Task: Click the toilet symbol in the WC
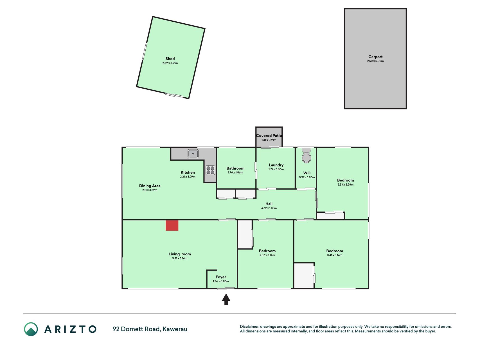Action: point(307,156)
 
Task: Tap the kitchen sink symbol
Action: point(193,154)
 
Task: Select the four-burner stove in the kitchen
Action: point(210,170)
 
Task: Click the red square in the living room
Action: point(172,225)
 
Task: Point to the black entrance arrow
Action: point(226,299)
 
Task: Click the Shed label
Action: point(170,59)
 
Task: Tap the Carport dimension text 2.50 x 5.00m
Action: point(375,61)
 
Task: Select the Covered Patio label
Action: point(269,136)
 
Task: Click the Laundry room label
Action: point(276,165)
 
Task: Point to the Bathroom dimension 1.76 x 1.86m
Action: point(236,173)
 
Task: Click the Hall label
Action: point(269,204)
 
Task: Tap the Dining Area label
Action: point(150,186)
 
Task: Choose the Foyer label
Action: point(221,277)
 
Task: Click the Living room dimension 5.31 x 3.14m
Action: point(180,258)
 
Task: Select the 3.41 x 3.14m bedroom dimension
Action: point(335,255)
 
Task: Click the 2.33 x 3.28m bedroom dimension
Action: point(346,185)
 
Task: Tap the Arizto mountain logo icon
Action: point(31,329)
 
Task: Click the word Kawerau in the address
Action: point(175,329)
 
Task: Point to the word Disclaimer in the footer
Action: point(249,327)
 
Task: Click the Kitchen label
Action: point(188,173)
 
